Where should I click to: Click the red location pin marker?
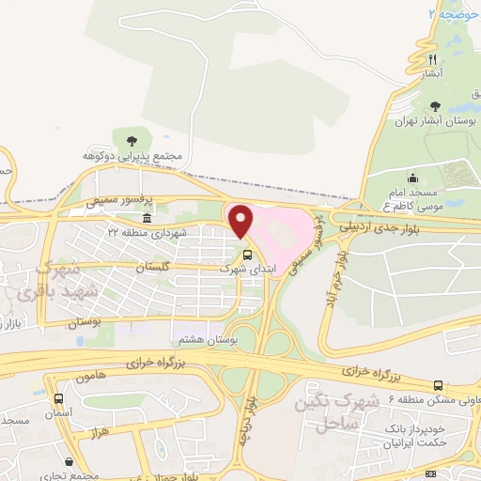pos(241,222)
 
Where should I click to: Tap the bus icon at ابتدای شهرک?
pos(248,254)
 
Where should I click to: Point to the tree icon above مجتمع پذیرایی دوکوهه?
pos(142,140)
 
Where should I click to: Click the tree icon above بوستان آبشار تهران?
pos(433,107)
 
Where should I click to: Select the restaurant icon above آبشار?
pos(433,58)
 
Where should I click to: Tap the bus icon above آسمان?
pos(59,398)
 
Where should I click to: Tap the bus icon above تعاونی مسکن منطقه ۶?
pos(439,384)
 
